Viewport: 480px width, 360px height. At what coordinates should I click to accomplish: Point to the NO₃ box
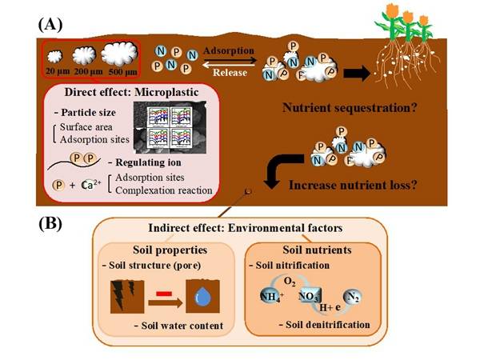click(x=313, y=297)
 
